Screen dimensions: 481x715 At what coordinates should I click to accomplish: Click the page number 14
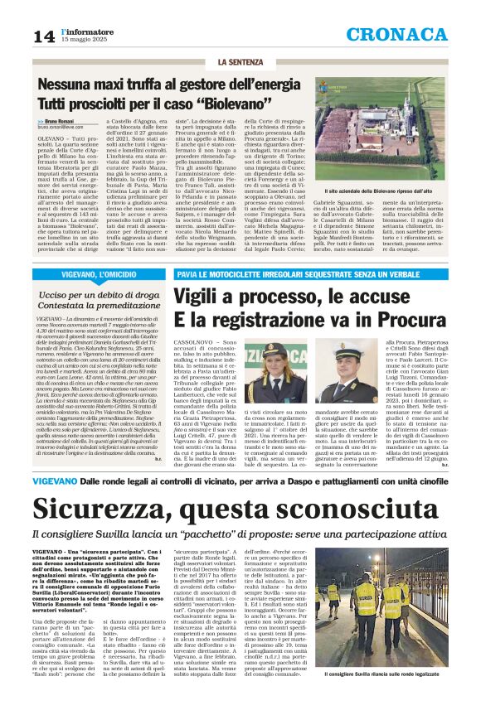43,36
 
